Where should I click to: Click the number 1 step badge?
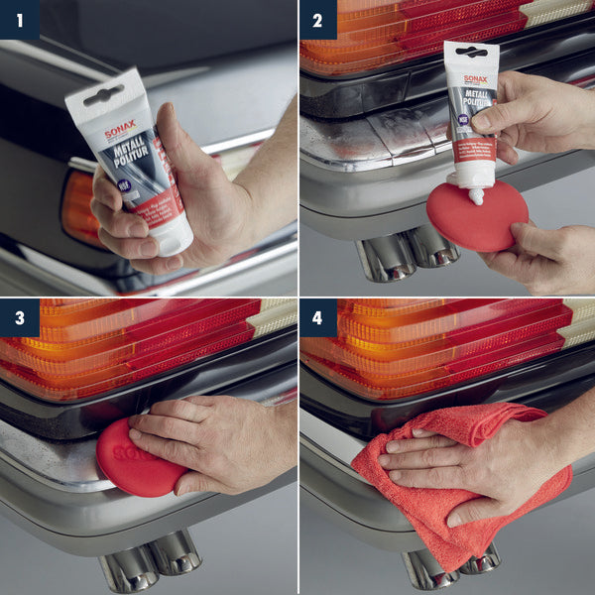click(x=19, y=19)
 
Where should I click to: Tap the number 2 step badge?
click(x=317, y=19)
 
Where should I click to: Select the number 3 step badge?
click(x=19, y=317)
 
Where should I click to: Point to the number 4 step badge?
click(x=317, y=317)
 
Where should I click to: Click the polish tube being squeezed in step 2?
click(x=470, y=109)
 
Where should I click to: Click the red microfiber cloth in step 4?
click(x=466, y=496)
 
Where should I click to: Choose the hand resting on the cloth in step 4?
click(x=466, y=461)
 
